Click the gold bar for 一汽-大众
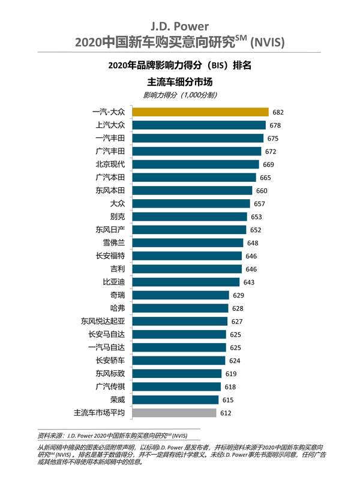point(200,112)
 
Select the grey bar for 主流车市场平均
point(173,413)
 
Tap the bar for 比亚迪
point(185,282)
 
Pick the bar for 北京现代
point(196,164)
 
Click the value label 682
point(277,112)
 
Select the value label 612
point(225,413)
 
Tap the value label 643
point(249,282)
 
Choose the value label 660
point(262,190)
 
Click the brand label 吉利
point(118,269)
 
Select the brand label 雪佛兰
point(113,242)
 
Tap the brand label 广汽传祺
point(110,386)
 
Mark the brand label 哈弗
point(118,308)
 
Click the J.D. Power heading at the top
point(180,26)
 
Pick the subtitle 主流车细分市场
point(180,81)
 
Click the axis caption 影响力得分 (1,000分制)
point(180,95)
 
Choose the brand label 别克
point(118,217)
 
